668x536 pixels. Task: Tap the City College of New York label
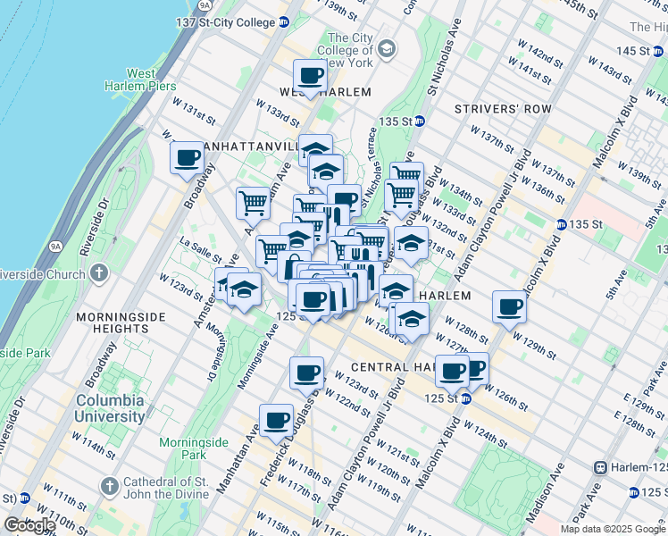(349, 50)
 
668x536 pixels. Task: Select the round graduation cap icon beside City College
(388, 46)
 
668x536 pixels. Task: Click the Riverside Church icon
(98, 272)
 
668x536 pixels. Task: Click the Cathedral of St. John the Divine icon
(110, 487)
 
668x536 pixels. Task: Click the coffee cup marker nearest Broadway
(188, 159)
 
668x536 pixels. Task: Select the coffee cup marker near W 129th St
(510, 307)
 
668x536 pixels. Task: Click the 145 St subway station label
(644, 51)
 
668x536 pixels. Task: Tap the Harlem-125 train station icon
(601, 467)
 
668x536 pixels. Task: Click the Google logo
(29, 524)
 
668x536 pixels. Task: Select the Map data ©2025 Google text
(612, 529)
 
